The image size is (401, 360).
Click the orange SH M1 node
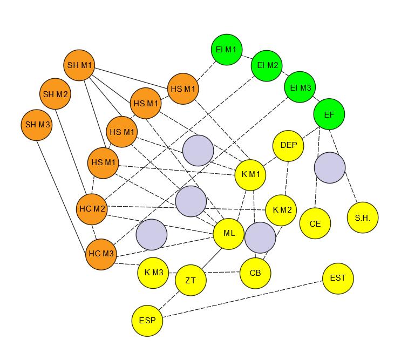[79, 66]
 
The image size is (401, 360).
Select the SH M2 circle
[56, 94]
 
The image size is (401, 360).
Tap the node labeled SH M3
[36, 125]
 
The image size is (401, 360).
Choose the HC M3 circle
[101, 254]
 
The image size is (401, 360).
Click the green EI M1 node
[226, 49]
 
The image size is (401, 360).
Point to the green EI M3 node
[300, 87]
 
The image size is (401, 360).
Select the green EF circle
[329, 114]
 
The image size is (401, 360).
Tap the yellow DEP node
[289, 145]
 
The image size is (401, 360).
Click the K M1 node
[250, 174]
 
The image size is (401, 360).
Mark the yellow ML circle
[229, 234]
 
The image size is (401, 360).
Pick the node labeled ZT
[191, 281]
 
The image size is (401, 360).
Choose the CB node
[255, 273]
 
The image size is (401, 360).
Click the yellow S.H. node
[363, 218]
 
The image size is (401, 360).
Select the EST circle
[338, 279]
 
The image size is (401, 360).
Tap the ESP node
[147, 321]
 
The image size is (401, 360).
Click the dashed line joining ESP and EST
[243, 300]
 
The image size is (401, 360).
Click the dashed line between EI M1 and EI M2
[246, 57]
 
